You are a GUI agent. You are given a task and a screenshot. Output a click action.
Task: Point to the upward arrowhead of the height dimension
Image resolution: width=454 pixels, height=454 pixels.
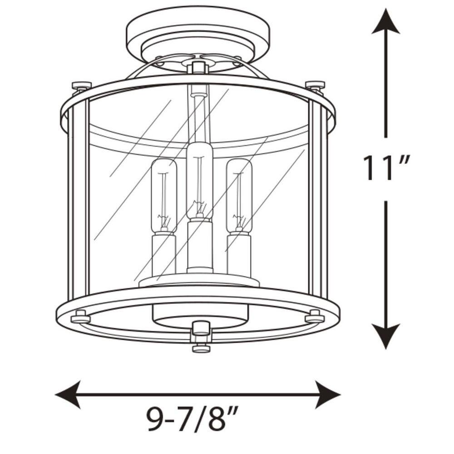[x=386, y=22]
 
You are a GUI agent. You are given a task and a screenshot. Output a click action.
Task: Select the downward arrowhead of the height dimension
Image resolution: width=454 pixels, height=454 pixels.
[x=386, y=336]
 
